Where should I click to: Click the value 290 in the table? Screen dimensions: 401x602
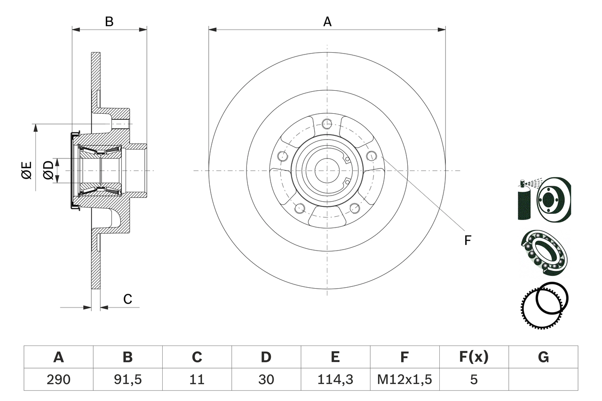coord(58,379)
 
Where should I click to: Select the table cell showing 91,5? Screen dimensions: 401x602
coord(127,379)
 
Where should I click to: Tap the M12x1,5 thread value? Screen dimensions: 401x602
coord(404,379)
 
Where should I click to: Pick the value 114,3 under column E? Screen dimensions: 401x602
coord(335,379)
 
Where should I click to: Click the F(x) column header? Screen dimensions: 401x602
coord(473,357)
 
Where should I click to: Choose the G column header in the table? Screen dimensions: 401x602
coord(543,357)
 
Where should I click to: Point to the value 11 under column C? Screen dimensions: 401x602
coord(197,379)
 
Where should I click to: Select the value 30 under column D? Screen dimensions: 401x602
coord(266,379)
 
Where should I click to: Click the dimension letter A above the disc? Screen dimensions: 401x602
coord(327,22)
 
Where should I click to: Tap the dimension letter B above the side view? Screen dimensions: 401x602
coord(109,22)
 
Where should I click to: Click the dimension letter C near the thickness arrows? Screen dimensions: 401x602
coord(127,299)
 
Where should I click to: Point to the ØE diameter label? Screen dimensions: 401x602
coord(27,170)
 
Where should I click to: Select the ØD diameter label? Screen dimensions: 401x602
coord(48,170)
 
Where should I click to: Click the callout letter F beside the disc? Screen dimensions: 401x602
coord(467,240)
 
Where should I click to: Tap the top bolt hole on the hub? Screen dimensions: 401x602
coord(327,124)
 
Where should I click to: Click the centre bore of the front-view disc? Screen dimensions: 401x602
coord(327,170)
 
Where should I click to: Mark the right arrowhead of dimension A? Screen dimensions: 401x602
coord(442,29)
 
